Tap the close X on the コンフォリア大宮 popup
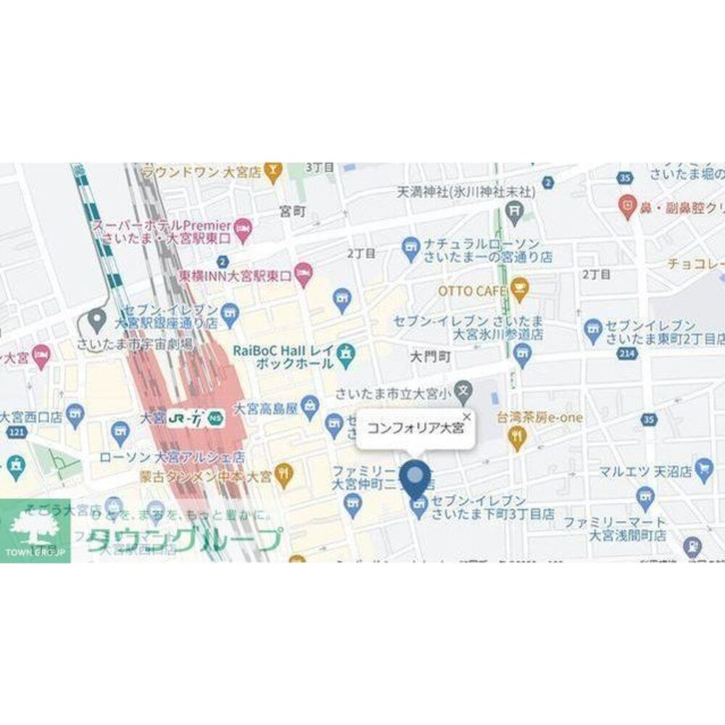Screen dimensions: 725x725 [467, 417]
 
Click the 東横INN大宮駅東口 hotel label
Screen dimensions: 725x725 [235, 275]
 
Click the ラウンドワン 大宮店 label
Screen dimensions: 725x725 [202, 173]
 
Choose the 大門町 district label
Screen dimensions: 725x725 [430, 357]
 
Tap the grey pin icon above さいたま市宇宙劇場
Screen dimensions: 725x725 [96, 318]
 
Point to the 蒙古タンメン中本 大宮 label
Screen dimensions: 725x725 [206, 478]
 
